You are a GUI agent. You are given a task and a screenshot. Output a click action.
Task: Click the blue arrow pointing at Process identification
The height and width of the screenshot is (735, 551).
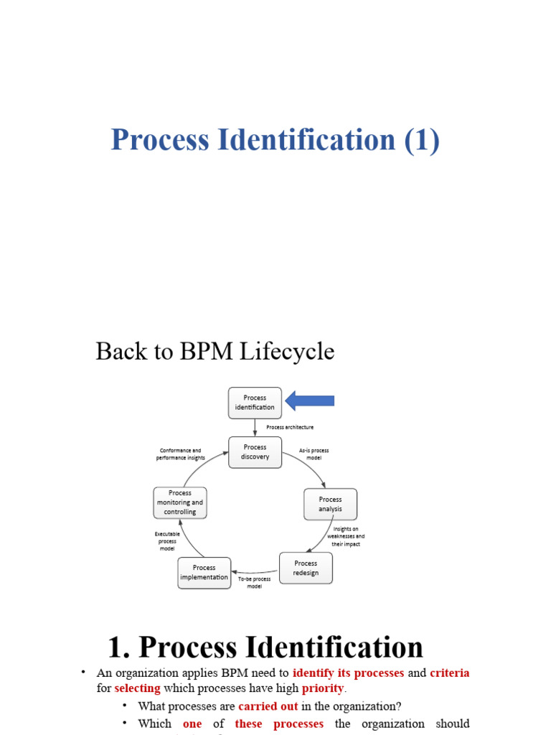(310, 401)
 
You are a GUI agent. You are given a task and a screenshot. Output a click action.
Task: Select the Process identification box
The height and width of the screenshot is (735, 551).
(255, 403)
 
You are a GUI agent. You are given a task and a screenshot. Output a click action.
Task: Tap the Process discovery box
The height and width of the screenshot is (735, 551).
(255, 452)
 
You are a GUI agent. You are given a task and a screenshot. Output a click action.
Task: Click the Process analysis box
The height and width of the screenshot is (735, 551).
(330, 504)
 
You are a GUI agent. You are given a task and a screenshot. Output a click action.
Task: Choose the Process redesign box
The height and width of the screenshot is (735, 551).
(306, 568)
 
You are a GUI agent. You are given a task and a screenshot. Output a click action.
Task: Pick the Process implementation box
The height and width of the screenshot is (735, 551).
(204, 573)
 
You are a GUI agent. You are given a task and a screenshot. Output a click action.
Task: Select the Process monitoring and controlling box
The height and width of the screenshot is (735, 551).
(180, 502)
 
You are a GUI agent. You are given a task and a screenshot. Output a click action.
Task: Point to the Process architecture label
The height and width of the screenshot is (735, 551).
(290, 427)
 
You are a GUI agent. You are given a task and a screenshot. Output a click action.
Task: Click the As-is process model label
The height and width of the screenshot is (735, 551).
(314, 454)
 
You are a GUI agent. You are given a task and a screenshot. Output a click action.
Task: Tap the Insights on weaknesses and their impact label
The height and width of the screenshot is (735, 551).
(346, 536)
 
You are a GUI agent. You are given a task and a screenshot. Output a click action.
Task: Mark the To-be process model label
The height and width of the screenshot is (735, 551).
(255, 582)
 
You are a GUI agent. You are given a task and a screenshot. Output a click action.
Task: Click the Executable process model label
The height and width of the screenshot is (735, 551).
(167, 540)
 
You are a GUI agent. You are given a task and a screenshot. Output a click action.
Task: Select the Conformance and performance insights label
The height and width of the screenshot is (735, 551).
(181, 454)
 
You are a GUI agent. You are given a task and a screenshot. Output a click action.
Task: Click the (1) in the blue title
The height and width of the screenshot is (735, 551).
(421, 139)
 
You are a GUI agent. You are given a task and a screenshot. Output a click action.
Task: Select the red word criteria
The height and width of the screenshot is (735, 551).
(450, 673)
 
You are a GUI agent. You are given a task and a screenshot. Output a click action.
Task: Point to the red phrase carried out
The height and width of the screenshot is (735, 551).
(268, 706)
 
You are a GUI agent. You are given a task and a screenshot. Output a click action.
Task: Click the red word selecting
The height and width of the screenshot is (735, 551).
(137, 688)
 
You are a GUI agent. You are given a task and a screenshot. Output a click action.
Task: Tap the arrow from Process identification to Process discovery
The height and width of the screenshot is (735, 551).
(255, 428)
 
